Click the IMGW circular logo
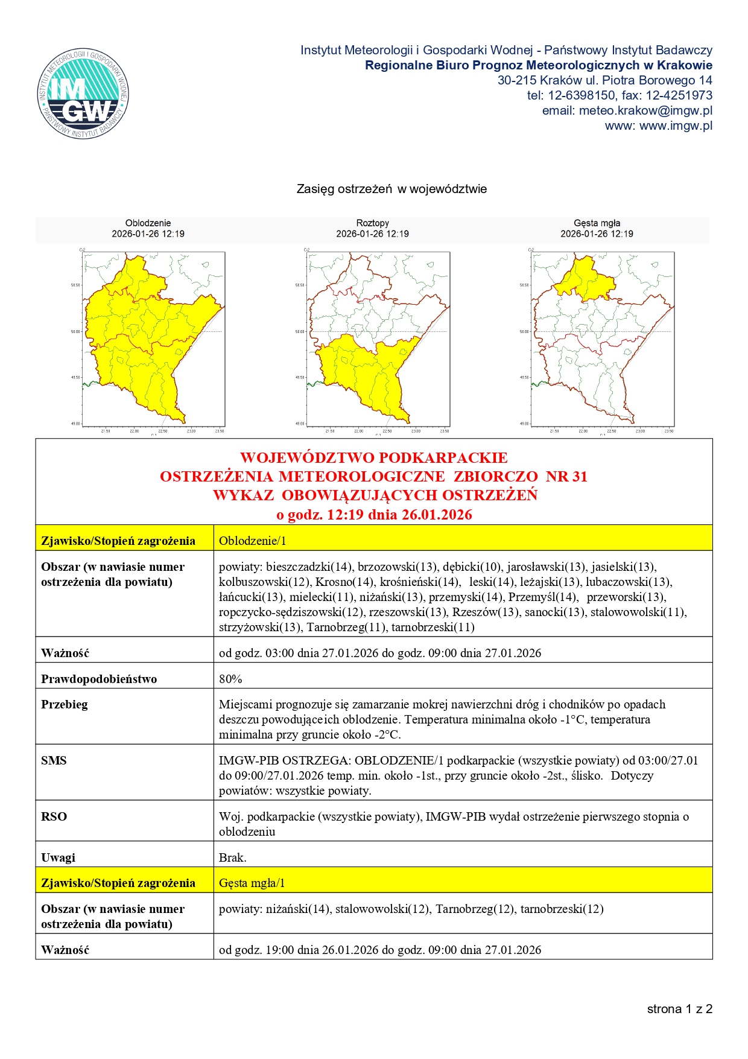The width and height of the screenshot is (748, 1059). pos(83,93)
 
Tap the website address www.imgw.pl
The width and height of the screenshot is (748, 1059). pos(658,126)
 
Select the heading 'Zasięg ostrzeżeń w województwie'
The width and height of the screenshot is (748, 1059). pos(391,189)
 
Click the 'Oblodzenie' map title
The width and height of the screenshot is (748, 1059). pos(148,223)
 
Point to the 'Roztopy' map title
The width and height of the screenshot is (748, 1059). pos(372,223)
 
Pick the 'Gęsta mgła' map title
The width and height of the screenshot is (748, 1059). pos(597,223)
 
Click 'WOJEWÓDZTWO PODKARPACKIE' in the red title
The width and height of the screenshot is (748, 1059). pos(373,458)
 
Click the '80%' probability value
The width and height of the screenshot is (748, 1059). pos(230,679)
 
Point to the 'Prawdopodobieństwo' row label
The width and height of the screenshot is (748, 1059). pos(99,679)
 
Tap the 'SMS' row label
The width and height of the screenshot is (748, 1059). pos(54,760)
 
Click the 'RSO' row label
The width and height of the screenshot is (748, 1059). pos(54,816)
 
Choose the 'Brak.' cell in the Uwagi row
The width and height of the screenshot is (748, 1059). pos(232,857)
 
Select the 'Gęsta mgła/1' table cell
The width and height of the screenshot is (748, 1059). pos(252,883)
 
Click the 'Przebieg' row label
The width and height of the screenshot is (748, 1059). pos(65,704)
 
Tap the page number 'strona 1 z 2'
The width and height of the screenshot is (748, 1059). pos(679,1009)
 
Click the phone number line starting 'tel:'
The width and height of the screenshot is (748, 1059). pos(619,95)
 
